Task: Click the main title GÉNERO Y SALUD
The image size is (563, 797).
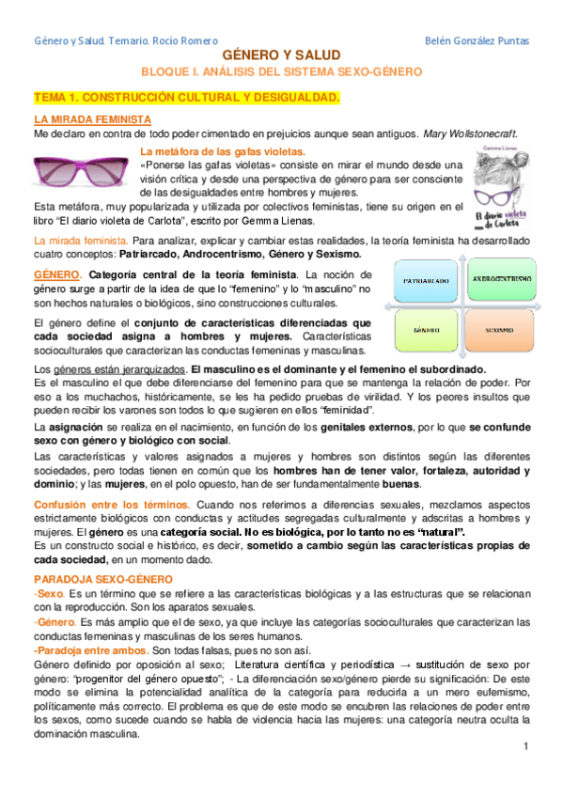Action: coord(281,56)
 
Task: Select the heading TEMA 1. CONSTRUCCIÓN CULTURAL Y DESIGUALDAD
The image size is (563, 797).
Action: coord(187,98)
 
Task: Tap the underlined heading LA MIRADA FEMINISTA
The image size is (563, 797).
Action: coord(92,120)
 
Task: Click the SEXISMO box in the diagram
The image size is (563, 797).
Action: coord(500,331)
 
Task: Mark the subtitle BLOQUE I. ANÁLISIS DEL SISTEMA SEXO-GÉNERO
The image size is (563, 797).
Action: coord(282,72)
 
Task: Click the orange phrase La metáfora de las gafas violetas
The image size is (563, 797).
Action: coord(222,150)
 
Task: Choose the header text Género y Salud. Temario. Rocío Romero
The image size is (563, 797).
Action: coord(125,41)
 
